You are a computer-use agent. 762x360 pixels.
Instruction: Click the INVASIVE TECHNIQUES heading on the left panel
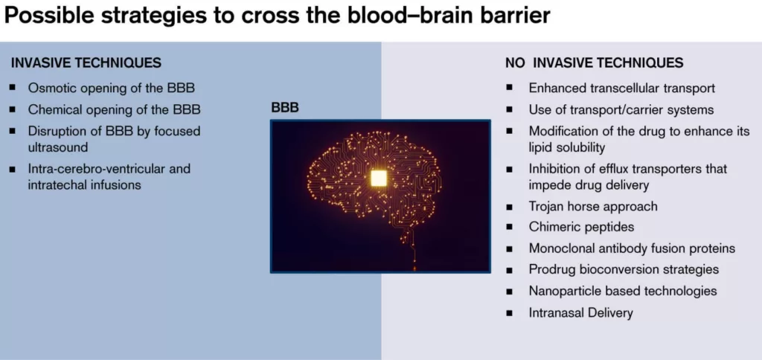point(86,63)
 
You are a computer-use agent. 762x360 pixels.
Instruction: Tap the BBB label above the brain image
point(285,109)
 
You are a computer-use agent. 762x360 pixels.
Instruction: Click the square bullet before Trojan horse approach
point(509,207)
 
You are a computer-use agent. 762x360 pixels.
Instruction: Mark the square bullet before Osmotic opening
point(12,88)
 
